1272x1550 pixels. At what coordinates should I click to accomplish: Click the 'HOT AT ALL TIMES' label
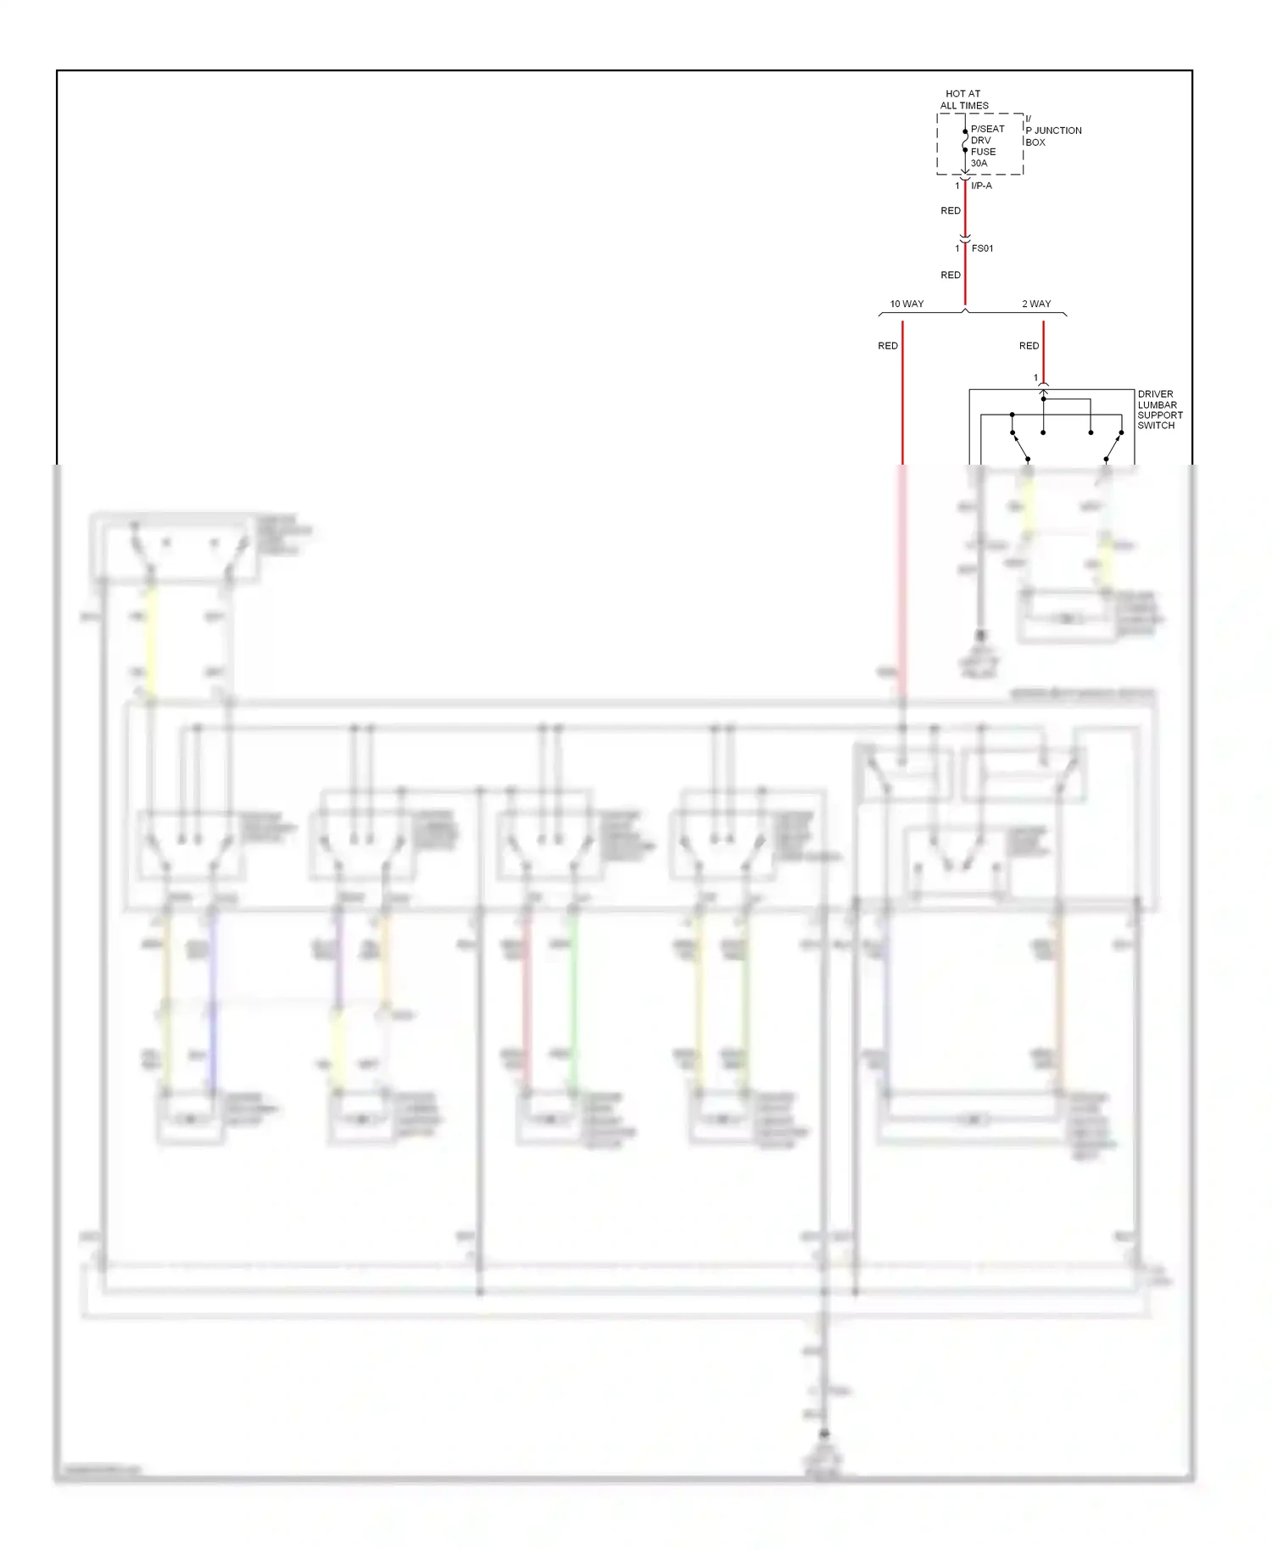[963, 100]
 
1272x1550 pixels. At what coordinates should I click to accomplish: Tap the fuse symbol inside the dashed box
[965, 141]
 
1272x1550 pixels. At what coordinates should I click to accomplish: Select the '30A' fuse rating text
[979, 163]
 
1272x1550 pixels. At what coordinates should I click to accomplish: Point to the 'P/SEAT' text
[987, 129]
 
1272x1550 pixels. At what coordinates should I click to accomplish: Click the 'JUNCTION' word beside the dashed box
[1057, 131]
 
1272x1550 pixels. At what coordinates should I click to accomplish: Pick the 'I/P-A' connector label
[981, 186]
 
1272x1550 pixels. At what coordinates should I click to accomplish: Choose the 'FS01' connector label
[982, 248]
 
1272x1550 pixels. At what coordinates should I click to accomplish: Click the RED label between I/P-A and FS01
[951, 210]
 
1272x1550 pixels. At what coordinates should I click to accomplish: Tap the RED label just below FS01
[951, 275]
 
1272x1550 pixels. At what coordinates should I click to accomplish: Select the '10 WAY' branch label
[907, 304]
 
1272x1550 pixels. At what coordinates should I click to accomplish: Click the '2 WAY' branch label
[1036, 304]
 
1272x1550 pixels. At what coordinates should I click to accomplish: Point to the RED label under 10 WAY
[888, 346]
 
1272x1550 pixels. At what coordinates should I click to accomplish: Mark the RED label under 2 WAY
[1029, 346]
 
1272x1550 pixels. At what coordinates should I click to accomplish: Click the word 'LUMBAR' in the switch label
[1157, 404]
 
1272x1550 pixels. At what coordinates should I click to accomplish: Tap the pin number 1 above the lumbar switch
[1035, 378]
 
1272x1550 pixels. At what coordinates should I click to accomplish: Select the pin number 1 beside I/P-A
[957, 186]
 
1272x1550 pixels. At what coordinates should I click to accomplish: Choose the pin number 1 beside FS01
[957, 248]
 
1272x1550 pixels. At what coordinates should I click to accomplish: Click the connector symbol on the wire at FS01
[965, 239]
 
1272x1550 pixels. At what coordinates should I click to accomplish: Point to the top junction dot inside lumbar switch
[1044, 399]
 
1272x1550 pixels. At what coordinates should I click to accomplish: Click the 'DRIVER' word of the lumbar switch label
[1155, 394]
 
